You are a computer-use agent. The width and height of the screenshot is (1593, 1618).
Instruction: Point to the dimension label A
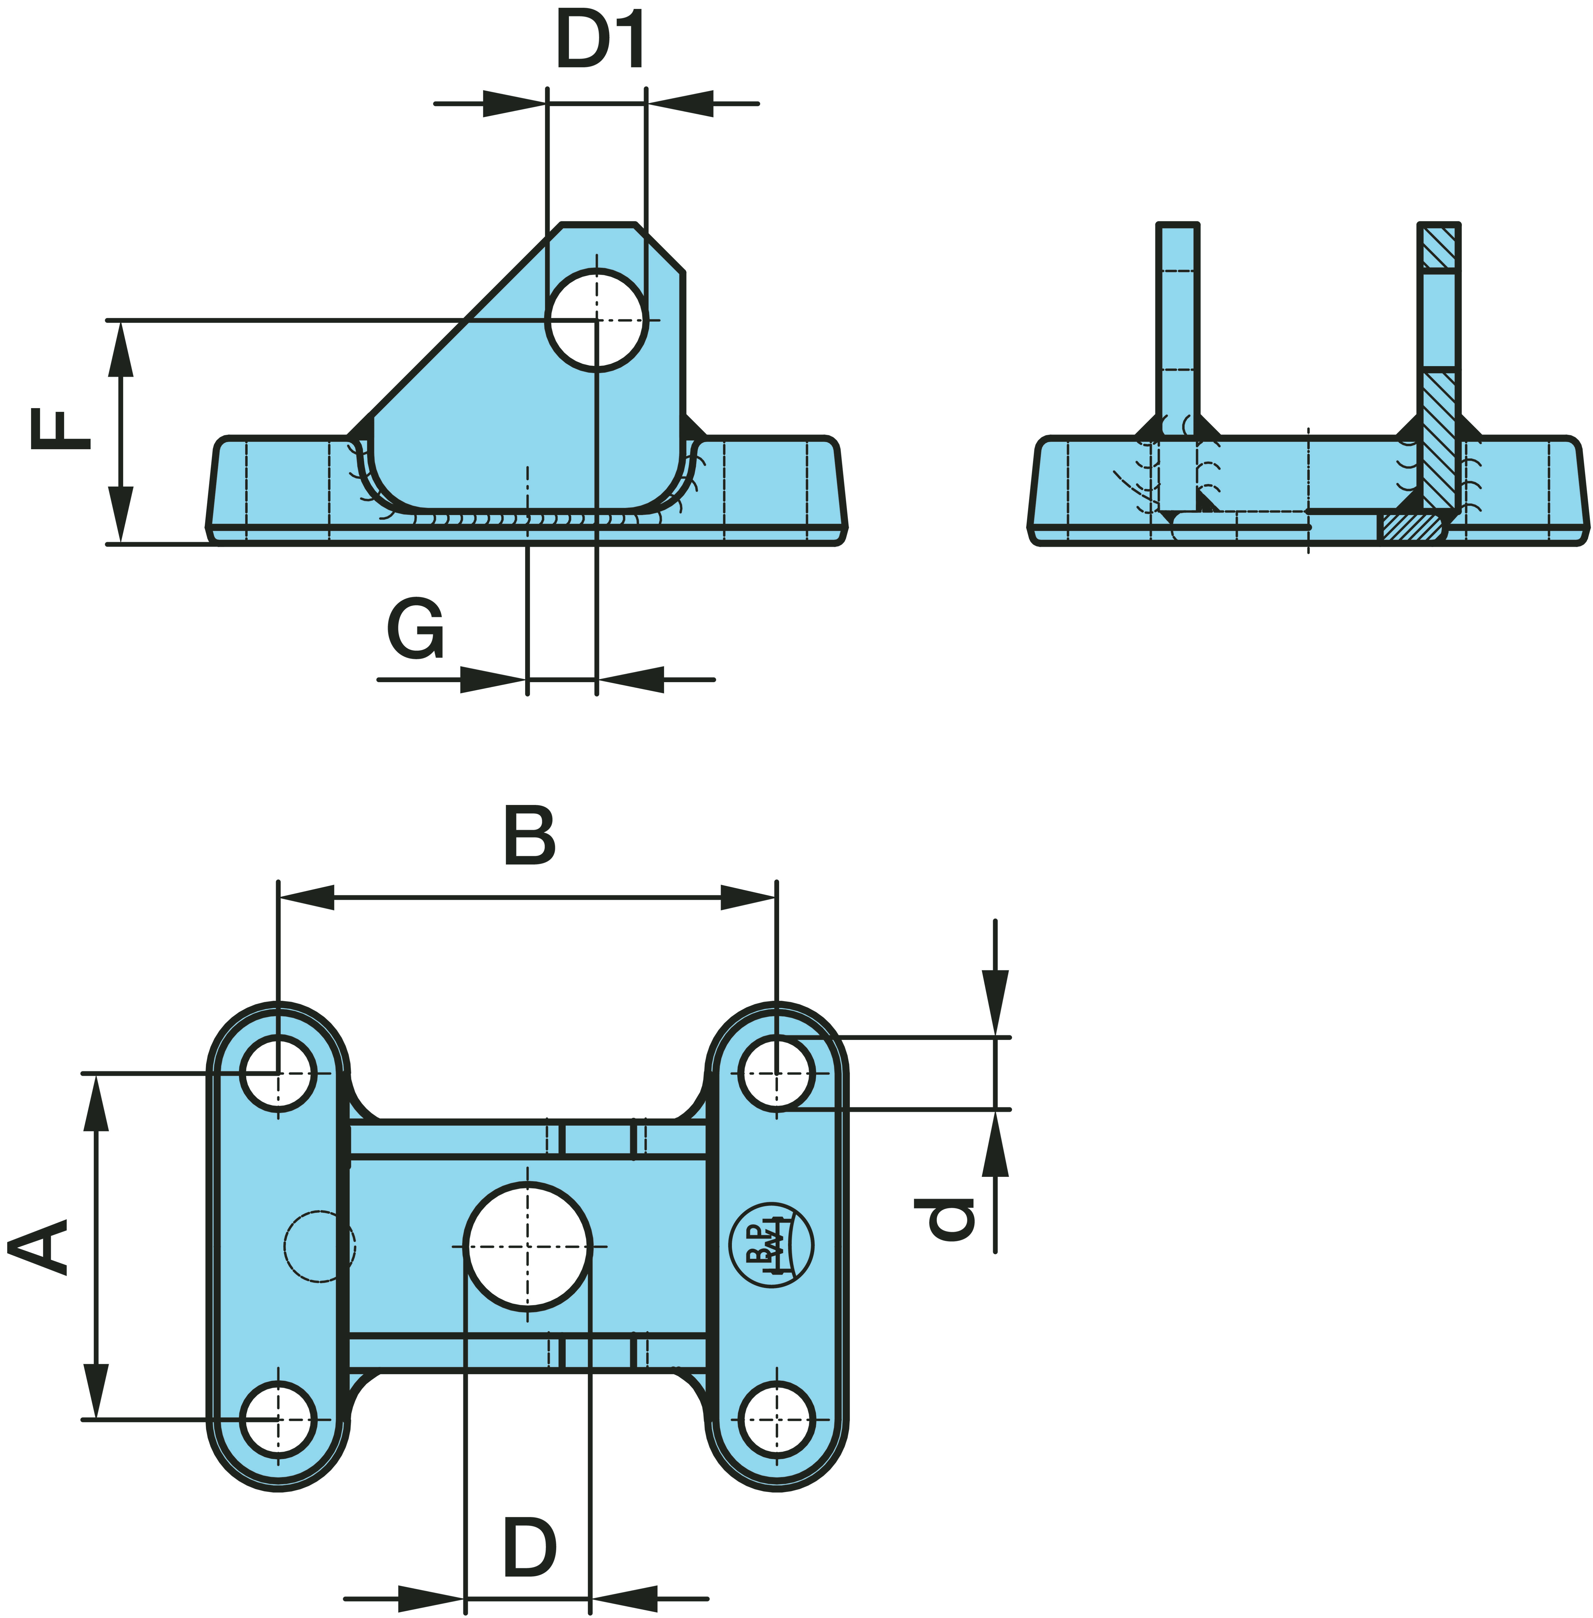point(38,1247)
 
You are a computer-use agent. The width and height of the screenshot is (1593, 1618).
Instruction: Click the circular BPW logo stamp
point(771,1245)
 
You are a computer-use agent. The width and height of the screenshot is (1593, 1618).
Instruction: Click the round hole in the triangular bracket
point(597,319)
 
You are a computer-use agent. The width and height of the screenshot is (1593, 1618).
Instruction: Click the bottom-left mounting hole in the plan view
point(279,1420)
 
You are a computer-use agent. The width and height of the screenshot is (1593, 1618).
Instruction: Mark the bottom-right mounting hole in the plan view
point(777,1420)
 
